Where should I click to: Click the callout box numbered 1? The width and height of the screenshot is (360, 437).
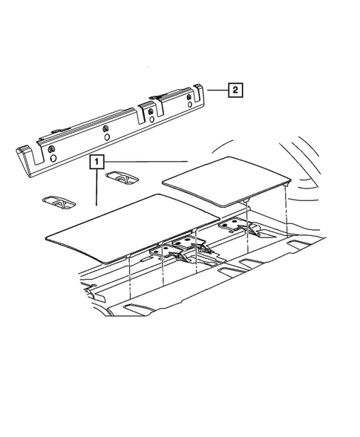(x=96, y=160)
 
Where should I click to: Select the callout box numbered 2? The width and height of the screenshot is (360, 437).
(x=234, y=91)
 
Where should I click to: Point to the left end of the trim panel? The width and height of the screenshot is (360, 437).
(x=22, y=157)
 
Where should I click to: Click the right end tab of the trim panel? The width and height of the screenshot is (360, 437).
(x=198, y=92)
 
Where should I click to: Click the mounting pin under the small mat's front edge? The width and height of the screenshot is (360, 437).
(x=245, y=203)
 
